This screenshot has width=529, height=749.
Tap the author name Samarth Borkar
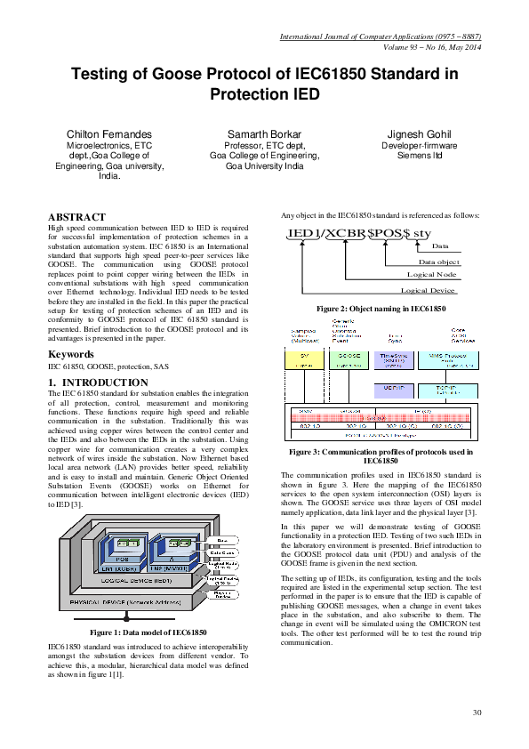(264, 133)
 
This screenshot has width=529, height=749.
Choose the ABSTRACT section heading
(76, 217)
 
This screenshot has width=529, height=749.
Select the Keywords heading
(71, 354)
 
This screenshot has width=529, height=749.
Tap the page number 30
(477, 712)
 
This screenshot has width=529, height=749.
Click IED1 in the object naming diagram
(303, 233)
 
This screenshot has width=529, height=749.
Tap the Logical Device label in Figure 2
(429, 290)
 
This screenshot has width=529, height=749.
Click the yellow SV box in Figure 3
(304, 359)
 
